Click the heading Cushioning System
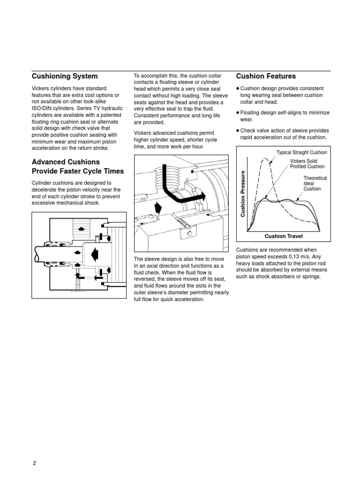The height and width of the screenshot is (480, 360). [65, 76]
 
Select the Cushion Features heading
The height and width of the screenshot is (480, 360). [266, 76]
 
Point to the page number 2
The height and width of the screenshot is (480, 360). [34, 463]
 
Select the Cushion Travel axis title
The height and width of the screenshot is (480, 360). [284, 236]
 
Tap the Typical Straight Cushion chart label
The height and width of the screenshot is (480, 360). [301, 153]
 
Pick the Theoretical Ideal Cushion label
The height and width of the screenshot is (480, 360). [315, 183]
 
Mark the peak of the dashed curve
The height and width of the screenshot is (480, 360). [265, 159]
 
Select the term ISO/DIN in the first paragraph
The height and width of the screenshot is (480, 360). [43, 108]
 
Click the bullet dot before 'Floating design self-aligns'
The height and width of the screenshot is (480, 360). [238, 112]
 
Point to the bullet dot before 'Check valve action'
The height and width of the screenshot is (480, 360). [238, 130]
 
